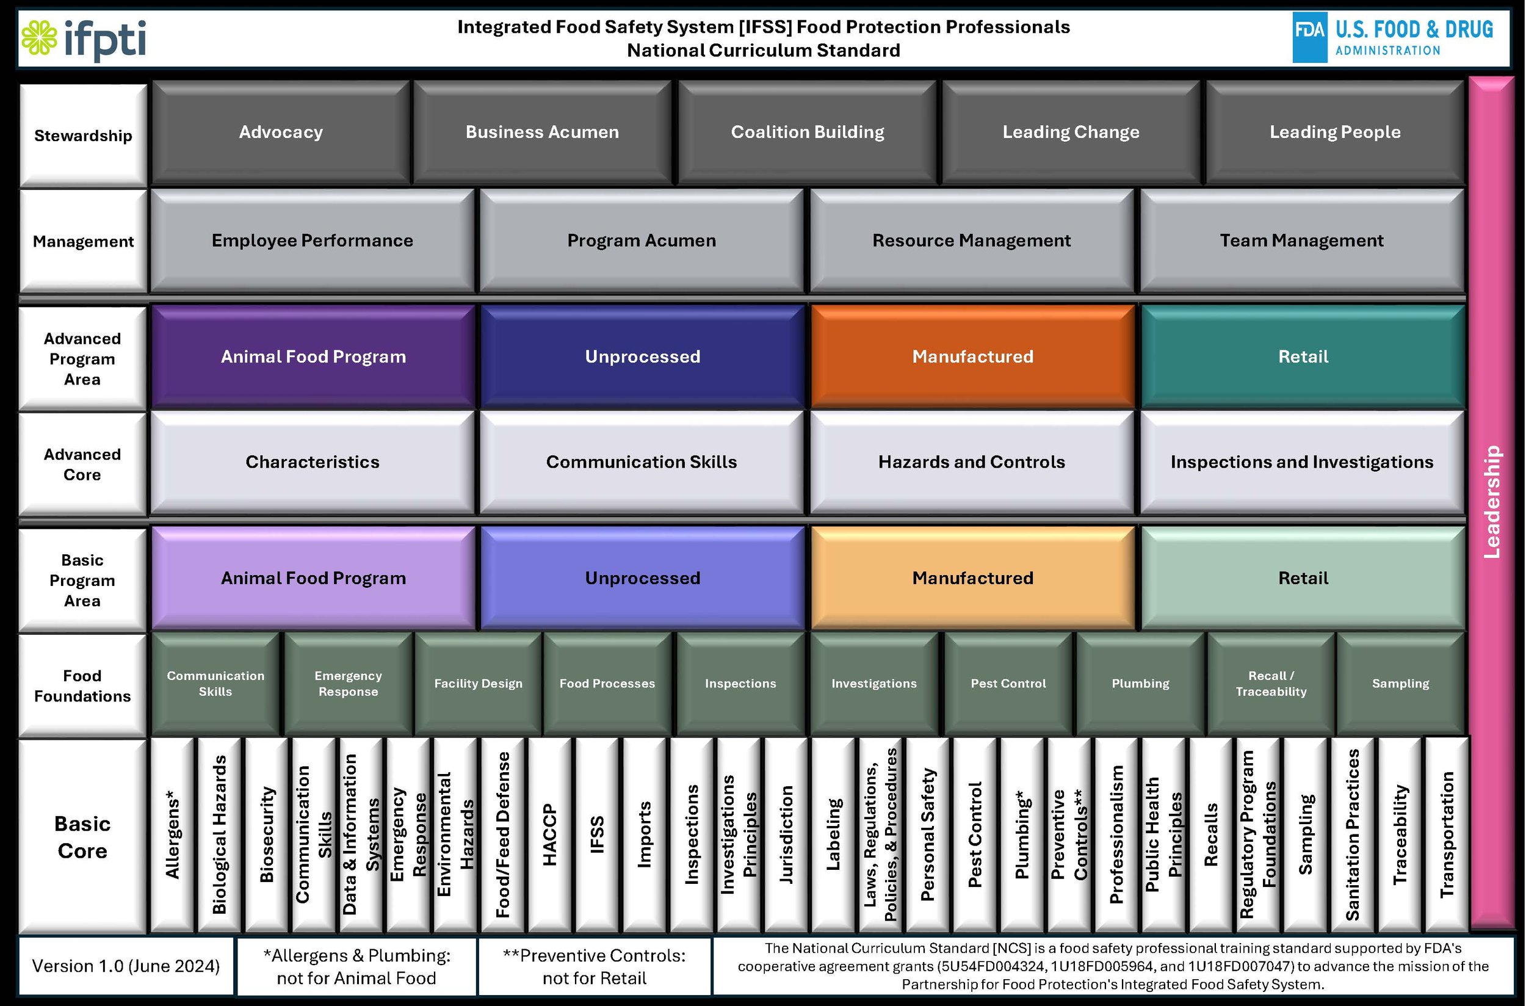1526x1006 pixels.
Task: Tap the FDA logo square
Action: (x=1309, y=37)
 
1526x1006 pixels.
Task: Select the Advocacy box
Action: (x=280, y=132)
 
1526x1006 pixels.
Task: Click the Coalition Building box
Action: (x=807, y=132)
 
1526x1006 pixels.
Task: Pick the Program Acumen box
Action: (x=642, y=241)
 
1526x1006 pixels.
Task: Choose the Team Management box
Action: (x=1301, y=241)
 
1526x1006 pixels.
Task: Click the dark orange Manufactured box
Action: (x=972, y=356)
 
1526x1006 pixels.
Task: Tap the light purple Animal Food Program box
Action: (x=313, y=578)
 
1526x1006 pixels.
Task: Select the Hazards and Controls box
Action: (x=971, y=462)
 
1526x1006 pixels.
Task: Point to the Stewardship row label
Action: (x=83, y=136)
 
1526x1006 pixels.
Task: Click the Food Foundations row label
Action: (x=82, y=685)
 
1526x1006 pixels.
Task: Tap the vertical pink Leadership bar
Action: (x=1492, y=501)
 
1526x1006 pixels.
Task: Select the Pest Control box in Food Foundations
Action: (x=1008, y=683)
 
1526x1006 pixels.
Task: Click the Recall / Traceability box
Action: (x=1271, y=683)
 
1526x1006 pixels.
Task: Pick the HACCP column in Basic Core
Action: (x=550, y=834)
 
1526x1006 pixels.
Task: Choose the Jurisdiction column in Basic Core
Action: (x=786, y=834)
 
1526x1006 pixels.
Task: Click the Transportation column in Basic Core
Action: (x=1447, y=834)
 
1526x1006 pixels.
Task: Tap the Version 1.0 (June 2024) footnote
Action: (x=126, y=966)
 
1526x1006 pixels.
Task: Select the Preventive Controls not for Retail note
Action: (x=594, y=966)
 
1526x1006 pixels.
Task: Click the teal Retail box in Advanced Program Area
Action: (x=1303, y=356)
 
